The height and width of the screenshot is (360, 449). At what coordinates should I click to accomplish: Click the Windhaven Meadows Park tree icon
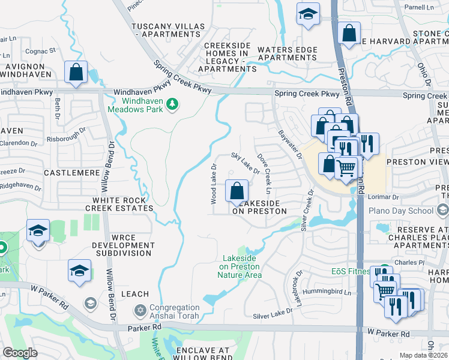pos(173,104)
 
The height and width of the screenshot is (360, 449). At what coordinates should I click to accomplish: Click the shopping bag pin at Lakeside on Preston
pos(237,191)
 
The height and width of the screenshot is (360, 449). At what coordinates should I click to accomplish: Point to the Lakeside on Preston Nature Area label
pos(240,266)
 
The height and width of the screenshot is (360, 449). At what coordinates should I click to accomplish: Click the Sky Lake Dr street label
pos(246,163)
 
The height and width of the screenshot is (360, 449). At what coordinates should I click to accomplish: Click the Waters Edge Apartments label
pos(287,53)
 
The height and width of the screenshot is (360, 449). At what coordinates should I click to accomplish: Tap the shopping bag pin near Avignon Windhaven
pos(76,73)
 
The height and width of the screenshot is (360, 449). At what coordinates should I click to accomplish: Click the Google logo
pos(20,353)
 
